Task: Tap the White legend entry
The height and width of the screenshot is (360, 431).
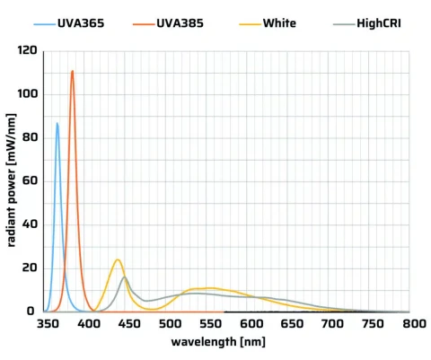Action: click(x=279, y=22)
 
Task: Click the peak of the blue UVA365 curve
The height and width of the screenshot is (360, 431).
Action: click(x=57, y=123)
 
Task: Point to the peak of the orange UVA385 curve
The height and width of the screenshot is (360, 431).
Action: click(x=73, y=70)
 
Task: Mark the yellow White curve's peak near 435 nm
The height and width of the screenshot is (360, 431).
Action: click(x=118, y=259)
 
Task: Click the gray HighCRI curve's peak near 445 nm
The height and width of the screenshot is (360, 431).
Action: click(x=126, y=277)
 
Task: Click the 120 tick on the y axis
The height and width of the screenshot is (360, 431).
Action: click(x=27, y=51)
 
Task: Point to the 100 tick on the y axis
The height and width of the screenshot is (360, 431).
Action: click(x=27, y=94)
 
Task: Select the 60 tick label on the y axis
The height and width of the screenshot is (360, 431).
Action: click(x=30, y=181)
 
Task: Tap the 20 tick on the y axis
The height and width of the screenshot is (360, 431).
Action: click(x=30, y=268)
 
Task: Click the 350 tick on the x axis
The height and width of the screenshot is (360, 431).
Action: click(x=48, y=324)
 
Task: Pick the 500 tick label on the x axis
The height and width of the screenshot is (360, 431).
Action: click(x=170, y=324)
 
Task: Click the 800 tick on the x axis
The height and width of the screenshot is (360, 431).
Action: click(x=412, y=324)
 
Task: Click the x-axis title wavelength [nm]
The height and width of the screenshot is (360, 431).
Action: click(x=230, y=342)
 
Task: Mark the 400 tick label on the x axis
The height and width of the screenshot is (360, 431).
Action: click(x=89, y=324)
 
